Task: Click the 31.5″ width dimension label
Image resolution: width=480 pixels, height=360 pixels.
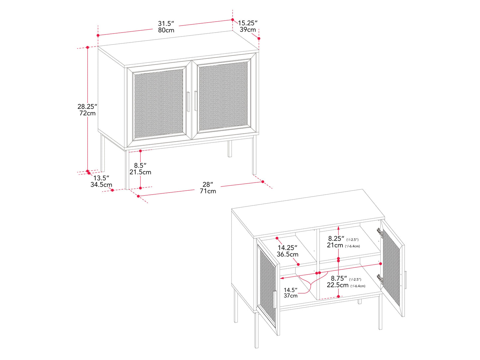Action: point(166,23)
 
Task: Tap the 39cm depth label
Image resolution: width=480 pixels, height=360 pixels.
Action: point(247,30)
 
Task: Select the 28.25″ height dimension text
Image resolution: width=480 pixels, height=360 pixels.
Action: point(87,107)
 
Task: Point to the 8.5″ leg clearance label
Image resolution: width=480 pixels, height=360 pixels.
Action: point(140,165)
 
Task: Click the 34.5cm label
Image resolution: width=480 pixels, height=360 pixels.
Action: point(101,184)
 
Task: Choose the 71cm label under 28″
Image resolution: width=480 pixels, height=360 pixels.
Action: point(208,191)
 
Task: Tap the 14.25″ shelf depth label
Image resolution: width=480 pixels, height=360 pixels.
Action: point(287,248)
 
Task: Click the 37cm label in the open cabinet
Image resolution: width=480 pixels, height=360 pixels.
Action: point(290,296)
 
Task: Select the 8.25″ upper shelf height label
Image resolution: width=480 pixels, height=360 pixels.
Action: point(336,238)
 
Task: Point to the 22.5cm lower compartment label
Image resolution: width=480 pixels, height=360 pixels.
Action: point(337,285)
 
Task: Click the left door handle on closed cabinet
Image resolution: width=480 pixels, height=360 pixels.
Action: point(188,102)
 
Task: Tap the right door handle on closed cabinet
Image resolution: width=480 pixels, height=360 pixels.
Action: point(195,101)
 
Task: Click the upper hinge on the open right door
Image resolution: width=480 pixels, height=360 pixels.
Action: point(379,232)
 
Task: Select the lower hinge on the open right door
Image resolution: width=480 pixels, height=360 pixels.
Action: point(380,279)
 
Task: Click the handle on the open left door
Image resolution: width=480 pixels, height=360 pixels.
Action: point(275,299)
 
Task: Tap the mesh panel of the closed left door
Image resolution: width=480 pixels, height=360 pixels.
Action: point(159,104)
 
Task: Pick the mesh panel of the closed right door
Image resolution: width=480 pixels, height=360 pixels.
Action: point(223,96)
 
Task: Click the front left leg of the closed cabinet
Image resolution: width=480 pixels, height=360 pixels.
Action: point(127,170)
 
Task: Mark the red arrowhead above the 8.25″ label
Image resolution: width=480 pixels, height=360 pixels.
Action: point(338,228)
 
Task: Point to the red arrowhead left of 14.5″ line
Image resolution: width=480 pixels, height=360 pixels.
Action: point(282,278)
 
